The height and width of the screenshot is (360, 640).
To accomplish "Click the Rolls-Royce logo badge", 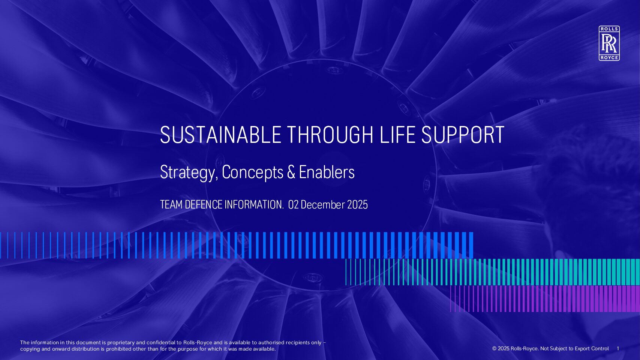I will (x=609, y=43).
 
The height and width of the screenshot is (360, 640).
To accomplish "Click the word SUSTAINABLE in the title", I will (x=220, y=135).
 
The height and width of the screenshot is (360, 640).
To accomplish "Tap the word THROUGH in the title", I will (x=330, y=135).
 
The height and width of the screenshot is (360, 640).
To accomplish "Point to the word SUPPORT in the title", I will (x=463, y=135).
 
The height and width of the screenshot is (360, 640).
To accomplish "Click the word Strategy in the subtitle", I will (x=188, y=172).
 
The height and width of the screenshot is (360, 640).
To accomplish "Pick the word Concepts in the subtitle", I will (x=253, y=172).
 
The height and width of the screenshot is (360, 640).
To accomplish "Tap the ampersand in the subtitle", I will (x=291, y=172).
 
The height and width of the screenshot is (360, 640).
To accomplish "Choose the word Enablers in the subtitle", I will (x=327, y=172).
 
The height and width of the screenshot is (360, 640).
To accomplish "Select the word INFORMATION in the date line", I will (x=254, y=205).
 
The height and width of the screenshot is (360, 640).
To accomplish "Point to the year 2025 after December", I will (x=357, y=205).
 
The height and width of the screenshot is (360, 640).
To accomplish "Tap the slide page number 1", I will (x=618, y=349).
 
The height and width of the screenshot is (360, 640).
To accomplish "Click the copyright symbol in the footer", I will (x=494, y=349).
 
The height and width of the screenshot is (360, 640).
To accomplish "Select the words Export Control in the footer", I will (x=592, y=349).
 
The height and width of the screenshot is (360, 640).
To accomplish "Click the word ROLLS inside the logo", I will (x=609, y=29).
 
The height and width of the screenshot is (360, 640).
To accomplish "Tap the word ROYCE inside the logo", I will (x=609, y=58).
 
